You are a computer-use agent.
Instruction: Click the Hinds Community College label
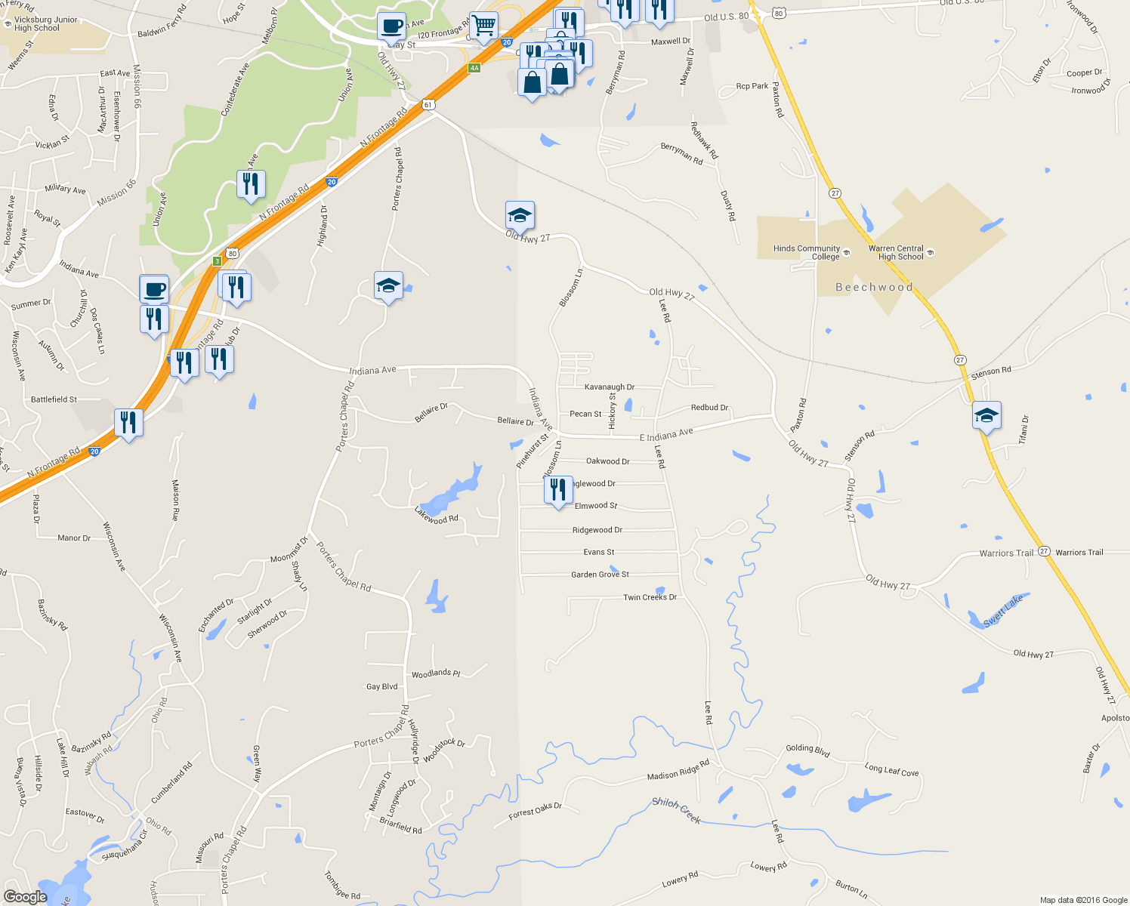coord(806,252)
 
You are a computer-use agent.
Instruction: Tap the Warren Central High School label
coord(896,252)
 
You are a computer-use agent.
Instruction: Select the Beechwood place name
coord(874,287)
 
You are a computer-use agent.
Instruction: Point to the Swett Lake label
coord(1004,611)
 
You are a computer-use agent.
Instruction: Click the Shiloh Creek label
coord(676,810)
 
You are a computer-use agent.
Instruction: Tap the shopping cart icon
coord(483,26)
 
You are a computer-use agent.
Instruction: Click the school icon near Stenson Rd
coord(986,416)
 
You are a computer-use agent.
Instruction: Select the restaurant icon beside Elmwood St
coord(558,491)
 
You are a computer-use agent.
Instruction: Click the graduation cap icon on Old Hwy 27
coord(520,216)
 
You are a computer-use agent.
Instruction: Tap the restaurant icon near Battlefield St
coord(129,423)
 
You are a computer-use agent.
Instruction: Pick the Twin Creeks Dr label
coord(650,597)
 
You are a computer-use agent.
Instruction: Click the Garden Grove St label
coord(600,575)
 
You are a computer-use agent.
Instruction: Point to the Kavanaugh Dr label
coord(610,387)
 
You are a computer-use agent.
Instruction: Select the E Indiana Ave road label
coord(666,435)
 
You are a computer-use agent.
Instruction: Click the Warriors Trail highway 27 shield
coord(1044,551)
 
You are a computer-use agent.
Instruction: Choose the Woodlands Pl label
coord(436,673)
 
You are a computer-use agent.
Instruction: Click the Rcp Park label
coord(752,86)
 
